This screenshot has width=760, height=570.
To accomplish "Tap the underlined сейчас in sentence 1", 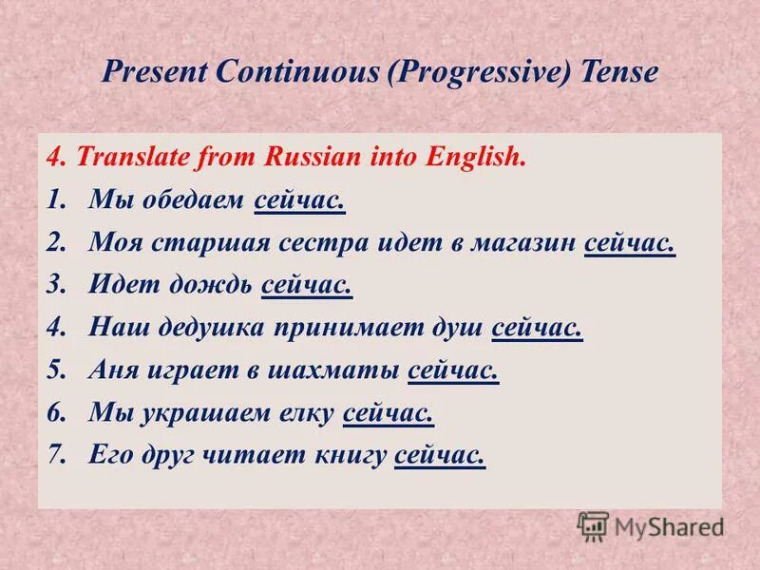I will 299,200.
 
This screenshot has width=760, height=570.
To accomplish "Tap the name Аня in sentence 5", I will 113,371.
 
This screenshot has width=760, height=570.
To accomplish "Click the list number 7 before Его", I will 54,456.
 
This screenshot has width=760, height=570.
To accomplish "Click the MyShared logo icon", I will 593,526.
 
